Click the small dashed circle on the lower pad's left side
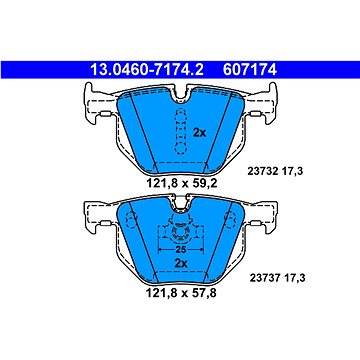coord(127,222)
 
